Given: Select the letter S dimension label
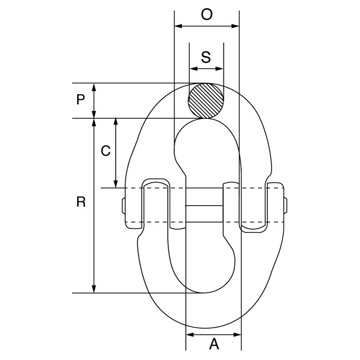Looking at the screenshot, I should (x=206, y=58).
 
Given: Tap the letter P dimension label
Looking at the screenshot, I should (x=81, y=100).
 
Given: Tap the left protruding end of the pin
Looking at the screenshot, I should (x=125, y=210).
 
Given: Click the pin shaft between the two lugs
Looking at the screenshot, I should (x=206, y=210).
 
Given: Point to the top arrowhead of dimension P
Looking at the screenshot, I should (x=95, y=86).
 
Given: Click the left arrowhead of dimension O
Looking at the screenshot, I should (x=178, y=27).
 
